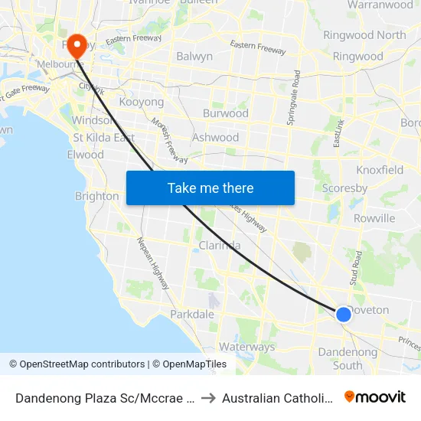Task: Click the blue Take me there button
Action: pyautogui.click(x=210, y=188)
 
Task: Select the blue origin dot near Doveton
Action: pyautogui.click(x=344, y=314)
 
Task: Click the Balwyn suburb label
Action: pyautogui.click(x=194, y=56)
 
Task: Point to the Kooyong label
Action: pyautogui.click(x=142, y=102)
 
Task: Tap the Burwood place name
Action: pyautogui.click(x=225, y=113)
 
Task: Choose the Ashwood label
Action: pyautogui.click(x=216, y=138)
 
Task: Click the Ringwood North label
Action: pyautogui.click(x=364, y=35)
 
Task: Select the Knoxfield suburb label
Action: pyautogui.click(x=380, y=170)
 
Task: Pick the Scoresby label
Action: pyautogui.click(x=345, y=188)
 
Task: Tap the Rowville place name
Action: pyautogui.click(x=374, y=218)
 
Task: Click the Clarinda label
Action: pyautogui.click(x=220, y=246)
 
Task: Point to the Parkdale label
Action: pyautogui.click(x=192, y=315)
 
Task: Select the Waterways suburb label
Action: pyautogui.click(x=246, y=347)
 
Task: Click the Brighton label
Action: pyautogui.click(x=96, y=196)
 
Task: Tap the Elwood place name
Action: pyautogui.click(x=85, y=155)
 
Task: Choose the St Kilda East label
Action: pyautogui.click(x=103, y=138)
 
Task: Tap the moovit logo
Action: pyautogui.click(x=375, y=397)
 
